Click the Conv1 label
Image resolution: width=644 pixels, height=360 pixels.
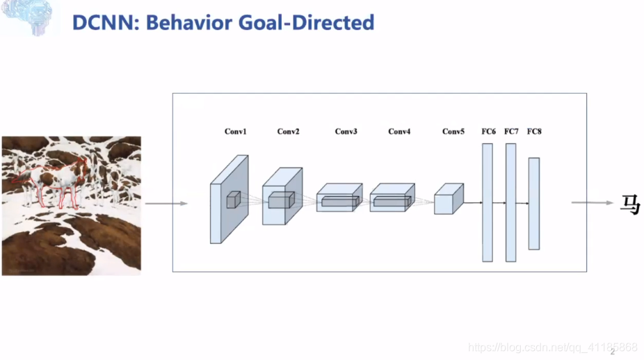click(x=235, y=132)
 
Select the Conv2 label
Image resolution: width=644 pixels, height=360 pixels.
click(x=288, y=132)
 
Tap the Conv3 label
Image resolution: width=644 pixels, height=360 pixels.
click(x=346, y=132)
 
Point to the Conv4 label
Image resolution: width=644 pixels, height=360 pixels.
click(x=399, y=132)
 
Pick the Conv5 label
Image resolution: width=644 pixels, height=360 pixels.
click(x=453, y=132)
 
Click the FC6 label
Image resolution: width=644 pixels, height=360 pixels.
click(x=488, y=132)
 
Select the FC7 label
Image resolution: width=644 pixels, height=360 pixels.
click(x=511, y=132)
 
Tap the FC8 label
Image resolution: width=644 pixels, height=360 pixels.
click(x=534, y=132)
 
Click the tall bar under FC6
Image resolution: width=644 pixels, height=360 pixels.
click(x=488, y=202)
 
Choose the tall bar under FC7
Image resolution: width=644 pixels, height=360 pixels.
click(x=511, y=202)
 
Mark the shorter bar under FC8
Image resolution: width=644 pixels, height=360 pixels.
click(x=534, y=203)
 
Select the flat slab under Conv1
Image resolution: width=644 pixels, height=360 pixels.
click(x=228, y=200)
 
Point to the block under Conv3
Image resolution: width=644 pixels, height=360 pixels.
click(x=339, y=198)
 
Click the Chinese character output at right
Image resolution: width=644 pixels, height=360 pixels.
click(x=629, y=204)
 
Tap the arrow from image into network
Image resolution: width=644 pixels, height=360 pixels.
click(x=166, y=204)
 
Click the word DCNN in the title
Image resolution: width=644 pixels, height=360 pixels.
click(x=97, y=22)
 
